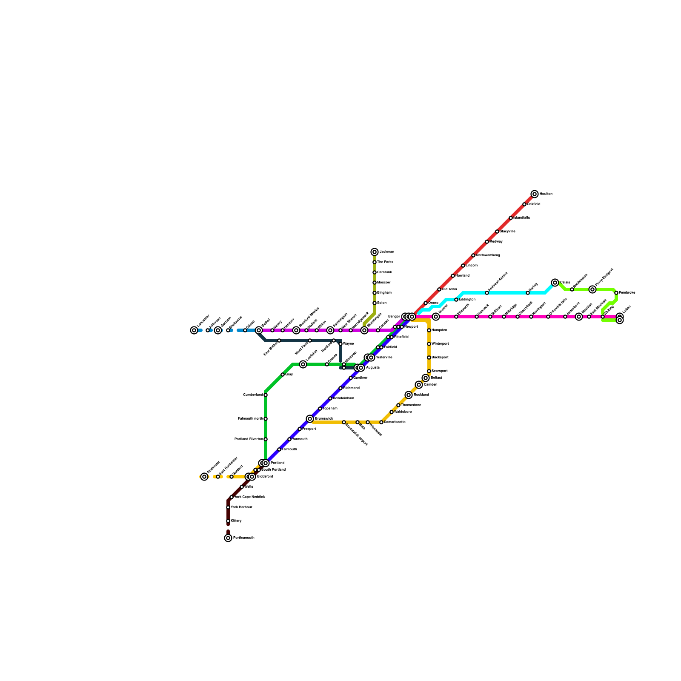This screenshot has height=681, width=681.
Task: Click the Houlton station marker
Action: pyautogui.click(x=535, y=194)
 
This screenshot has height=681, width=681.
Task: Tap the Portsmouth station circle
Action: pyautogui.click(x=228, y=538)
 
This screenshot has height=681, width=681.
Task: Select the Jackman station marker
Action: pyautogui.click(x=375, y=252)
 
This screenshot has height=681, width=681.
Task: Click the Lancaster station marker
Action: pyautogui.click(x=194, y=330)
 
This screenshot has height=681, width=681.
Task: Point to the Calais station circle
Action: pyautogui.click(x=555, y=283)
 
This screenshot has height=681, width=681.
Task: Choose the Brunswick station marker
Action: pyautogui.click(x=310, y=419)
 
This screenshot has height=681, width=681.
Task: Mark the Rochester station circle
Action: pyautogui.click(x=204, y=477)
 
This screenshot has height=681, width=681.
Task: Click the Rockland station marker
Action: pyautogui.click(x=409, y=395)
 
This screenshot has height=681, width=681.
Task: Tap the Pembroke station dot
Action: pyautogui.click(x=616, y=293)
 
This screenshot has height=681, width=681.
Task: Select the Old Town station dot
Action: pyautogui.click(x=439, y=289)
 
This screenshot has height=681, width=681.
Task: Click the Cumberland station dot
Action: pyautogui.click(x=266, y=395)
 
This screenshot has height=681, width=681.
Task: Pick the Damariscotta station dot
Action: pyautogui.click(x=381, y=422)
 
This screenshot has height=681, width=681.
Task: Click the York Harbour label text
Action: pyautogui.click(x=241, y=507)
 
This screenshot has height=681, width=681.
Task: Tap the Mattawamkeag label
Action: pyautogui.click(x=488, y=255)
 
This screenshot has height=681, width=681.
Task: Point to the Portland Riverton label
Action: pyautogui.click(x=249, y=439)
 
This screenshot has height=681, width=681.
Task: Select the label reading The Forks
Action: pyautogui.click(x=385, y=262)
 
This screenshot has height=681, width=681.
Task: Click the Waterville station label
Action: pyautogui.click(x=384, y=358)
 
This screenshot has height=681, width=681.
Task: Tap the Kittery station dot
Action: pyautogui.click(x=228, y=521)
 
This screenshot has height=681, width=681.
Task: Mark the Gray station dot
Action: pyautogui.click(x=283, y=375)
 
